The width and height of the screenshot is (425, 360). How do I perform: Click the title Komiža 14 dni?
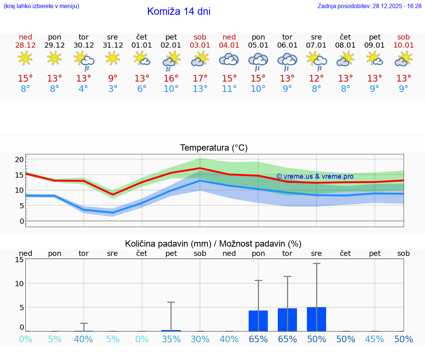click(179, 11)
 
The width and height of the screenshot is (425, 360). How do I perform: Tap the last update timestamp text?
click(369, 6)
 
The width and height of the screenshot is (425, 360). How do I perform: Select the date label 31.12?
click(113, 45)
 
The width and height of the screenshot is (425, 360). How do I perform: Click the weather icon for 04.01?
click(229, 59)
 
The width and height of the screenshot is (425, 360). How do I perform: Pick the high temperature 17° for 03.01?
click(200, 79)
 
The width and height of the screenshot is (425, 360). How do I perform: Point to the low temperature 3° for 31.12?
click(113, 89)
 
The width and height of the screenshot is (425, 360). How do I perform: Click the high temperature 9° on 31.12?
click(113, 79)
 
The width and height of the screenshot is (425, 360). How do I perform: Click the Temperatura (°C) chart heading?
click(214, 148)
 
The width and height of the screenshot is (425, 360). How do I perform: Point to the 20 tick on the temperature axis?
click(19, 160)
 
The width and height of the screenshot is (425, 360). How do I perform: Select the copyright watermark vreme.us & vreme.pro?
click(315, 176)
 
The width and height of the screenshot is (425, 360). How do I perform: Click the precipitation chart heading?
click(213, 244)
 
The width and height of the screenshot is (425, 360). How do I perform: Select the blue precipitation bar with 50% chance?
click(316, 319)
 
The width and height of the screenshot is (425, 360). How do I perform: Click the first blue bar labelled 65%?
click(258, 321)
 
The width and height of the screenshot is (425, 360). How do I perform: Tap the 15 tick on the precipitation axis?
click(19, 260)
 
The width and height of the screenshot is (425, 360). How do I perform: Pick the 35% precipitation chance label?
click(171, 339)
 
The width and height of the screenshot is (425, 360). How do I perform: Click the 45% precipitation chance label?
click(374, 339)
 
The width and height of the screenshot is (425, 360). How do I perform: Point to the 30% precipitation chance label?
click(200, 339)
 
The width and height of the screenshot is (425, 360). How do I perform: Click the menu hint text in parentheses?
click(41, 6)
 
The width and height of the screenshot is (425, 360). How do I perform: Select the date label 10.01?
click(404, 45)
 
